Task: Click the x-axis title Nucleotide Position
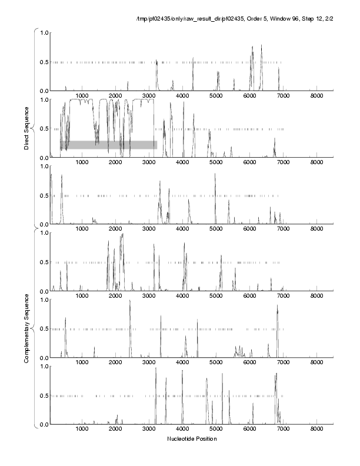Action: tap(192, 439)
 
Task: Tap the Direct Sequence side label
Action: tap(27, 128)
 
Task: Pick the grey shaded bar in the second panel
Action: tap(108, 145)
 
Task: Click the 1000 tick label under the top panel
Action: tap(82, 96)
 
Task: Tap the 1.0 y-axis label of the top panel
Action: tap(43, 33)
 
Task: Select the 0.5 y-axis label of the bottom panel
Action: tap(43, 395)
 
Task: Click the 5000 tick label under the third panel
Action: tap(216, 229)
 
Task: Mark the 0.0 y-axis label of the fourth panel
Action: tap(43, 291)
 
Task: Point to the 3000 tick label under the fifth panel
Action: tap(149, 363)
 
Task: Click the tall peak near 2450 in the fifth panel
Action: tap(130, 301)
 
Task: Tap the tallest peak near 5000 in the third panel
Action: tap(215, 174)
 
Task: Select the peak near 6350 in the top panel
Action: tap(261, 46)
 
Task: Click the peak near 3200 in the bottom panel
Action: tap(156, 369)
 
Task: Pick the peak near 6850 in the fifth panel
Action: tap(277, 306)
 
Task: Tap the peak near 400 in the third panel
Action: tap(62, 176)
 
